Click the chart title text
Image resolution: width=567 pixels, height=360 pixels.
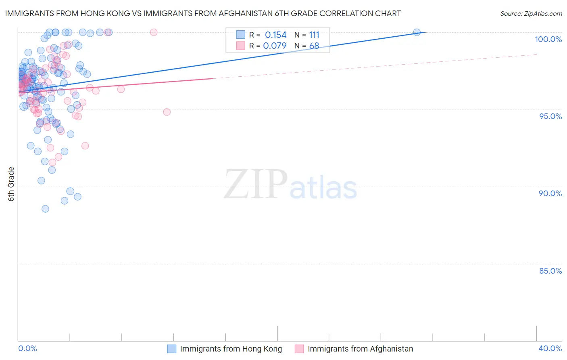point(203,13)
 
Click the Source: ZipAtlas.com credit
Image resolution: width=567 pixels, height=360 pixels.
point(531,14)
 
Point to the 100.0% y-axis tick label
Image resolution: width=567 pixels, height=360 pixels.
point(548,39)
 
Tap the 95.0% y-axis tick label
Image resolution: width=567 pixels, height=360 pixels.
point(550,116)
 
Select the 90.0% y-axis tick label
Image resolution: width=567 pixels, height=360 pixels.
point(550,193)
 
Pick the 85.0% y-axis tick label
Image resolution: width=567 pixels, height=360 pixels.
point(550,271)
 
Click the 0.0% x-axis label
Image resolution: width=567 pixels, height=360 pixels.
point(27,348)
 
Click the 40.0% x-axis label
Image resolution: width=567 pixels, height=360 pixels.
point(550,348)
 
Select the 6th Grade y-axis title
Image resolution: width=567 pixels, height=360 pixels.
point(11,184)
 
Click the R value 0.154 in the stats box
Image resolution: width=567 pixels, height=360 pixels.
point(275,35)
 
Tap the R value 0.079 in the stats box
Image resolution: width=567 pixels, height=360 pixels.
point(275,46)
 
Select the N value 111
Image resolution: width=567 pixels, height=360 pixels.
point(314,35)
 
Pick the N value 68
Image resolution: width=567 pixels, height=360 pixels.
point(314,46)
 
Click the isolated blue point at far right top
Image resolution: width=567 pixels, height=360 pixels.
point(417,32)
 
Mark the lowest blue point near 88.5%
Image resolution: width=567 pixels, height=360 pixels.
point(45,209)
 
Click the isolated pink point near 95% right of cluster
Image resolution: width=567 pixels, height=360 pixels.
point(167,112)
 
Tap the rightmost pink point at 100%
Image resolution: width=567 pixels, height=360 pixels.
point(153,32)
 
